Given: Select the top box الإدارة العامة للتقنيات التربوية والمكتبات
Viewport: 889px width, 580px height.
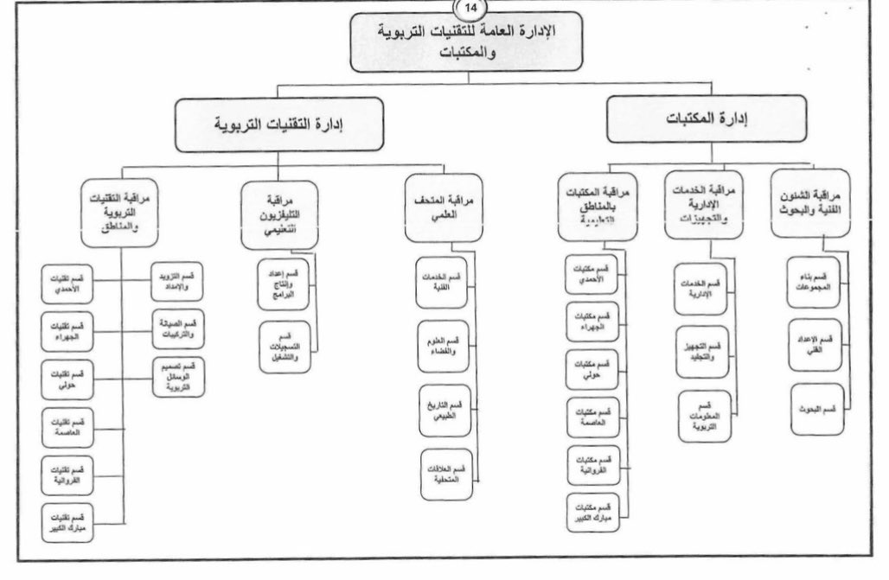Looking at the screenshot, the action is click(x=468, y=41).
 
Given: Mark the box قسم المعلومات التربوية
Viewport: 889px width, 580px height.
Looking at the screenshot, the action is click(x=705, y=415).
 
